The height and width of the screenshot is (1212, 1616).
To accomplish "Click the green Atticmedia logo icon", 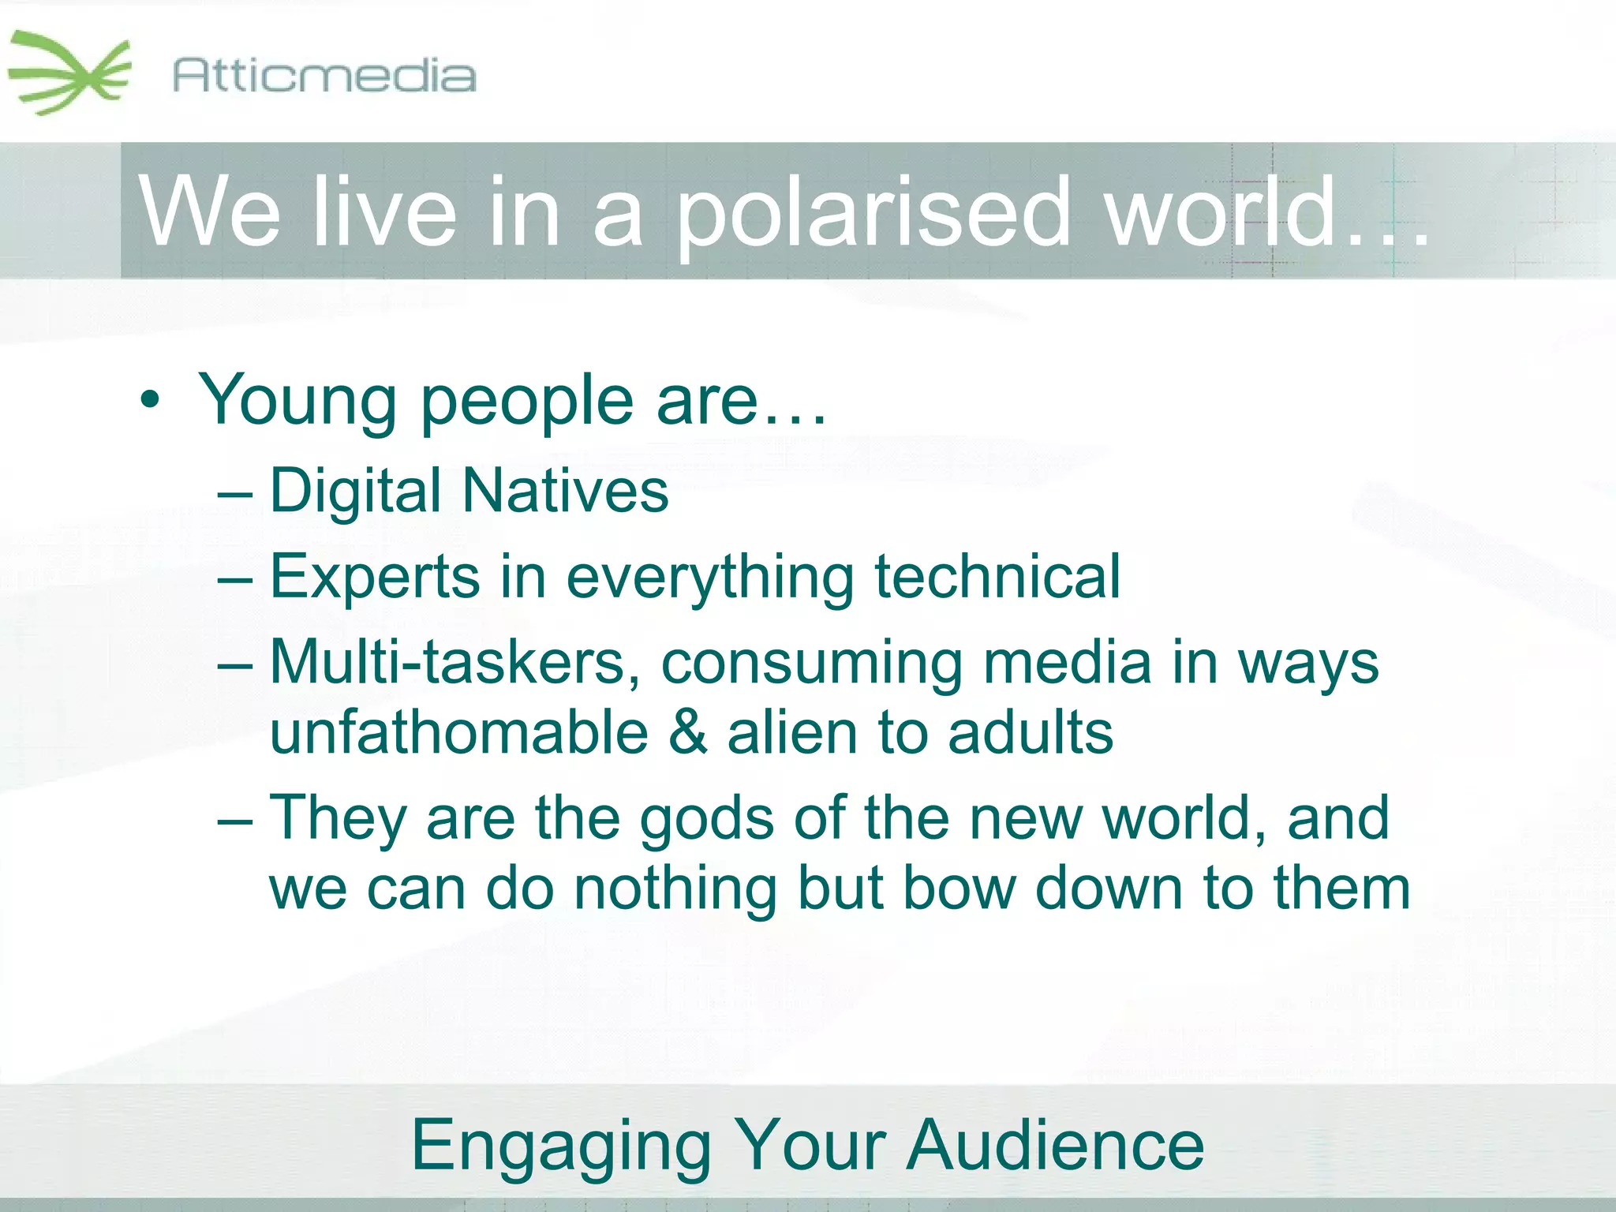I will pyautogui.click(x=69, y=73).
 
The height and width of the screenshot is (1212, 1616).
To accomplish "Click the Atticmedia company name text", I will pyautogui.click(x=324, y=76).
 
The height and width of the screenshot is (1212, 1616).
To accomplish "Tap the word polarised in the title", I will pyautogui.click(x=872, y=211).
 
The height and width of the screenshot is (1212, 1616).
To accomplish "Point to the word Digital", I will pyautogui.click(x=355, y=491).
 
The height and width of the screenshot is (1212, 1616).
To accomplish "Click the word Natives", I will pyautogui.click(x=565, y=491).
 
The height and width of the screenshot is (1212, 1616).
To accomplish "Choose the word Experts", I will pyautogui.click(x=375, y=576).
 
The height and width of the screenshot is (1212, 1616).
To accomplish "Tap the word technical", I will pyautogui.click(x=997, y=576).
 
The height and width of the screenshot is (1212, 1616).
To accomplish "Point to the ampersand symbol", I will pyautogui.click(x=688, y=732).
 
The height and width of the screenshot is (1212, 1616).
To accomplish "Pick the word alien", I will pyautogui.click(x=791, y=732).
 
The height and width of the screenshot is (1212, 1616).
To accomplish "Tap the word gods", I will pyautogui.click(x=707, y=819).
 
